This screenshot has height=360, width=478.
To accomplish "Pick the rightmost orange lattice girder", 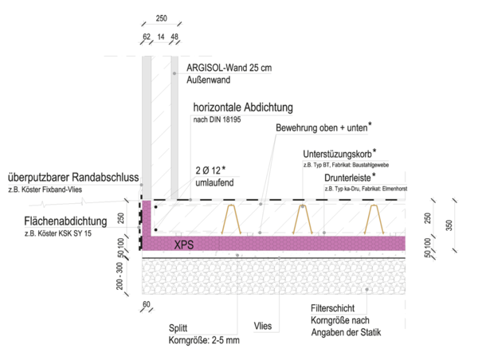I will tap(377, 220).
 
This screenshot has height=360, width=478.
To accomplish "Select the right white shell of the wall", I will tap(174, 127).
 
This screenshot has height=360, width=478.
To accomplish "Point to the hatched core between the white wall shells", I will tap(160, 127).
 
